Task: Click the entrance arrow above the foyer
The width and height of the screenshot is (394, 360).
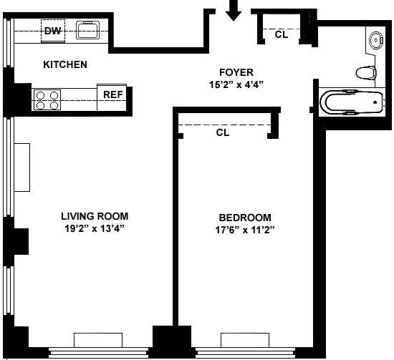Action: point(234,11)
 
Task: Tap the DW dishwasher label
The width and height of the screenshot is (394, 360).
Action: point(53,31)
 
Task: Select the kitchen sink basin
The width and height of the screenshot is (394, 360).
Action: point(87,30)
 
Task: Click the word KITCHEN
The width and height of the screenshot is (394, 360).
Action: point(65,64)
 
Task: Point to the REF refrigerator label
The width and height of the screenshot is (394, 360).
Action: point(113,94)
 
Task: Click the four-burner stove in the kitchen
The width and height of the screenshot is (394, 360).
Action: point(47,99)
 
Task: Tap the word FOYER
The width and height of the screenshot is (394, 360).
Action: point(236,72)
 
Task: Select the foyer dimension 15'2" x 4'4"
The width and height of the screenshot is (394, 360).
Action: point(236,84)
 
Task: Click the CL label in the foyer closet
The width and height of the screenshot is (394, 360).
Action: point(282,34)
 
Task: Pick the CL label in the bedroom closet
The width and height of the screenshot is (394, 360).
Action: point(223,132)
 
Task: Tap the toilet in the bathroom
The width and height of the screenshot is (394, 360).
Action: point(366,73)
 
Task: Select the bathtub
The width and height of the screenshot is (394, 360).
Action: point(352,102)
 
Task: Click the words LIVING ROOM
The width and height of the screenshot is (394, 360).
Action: point(95,216)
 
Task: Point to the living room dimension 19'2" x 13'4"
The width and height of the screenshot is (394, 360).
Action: point(95,228)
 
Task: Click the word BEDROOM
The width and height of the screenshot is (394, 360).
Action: point(245,218)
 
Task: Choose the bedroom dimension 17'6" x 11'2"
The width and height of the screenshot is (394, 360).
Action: point(245,230)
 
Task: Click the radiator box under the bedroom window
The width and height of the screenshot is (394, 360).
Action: point(245,340)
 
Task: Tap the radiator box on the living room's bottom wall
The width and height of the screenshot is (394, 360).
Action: point(98,340)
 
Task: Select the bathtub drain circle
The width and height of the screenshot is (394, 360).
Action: point(375,102)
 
